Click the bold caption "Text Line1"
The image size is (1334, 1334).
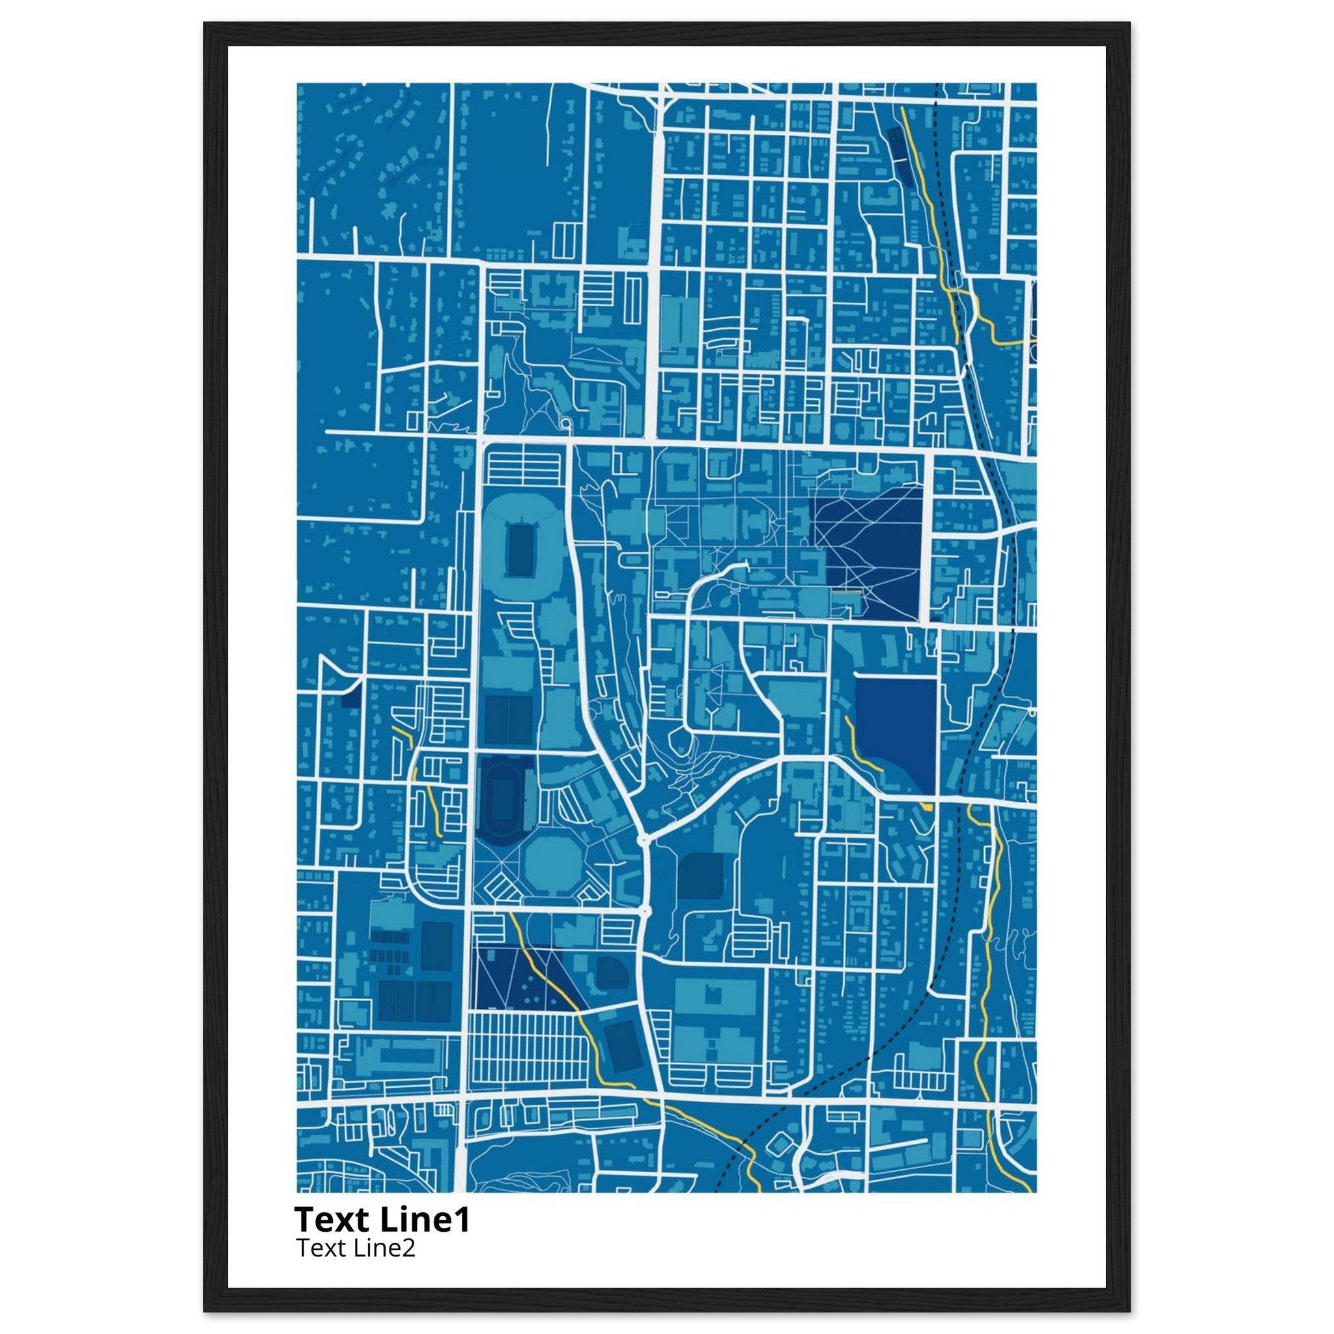point(382,1220)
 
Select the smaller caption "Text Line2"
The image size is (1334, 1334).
point(356,1249)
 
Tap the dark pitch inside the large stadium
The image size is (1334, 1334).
point(518,550)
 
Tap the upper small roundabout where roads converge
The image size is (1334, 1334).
point(644,839)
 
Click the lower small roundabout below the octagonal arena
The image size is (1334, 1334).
point(645,912)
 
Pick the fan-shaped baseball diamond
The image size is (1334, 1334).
point(612,974)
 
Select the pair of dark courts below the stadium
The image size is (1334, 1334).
point(509,720)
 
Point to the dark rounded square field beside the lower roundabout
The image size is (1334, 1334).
point(700,876)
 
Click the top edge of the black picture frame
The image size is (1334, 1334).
point(667,34)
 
